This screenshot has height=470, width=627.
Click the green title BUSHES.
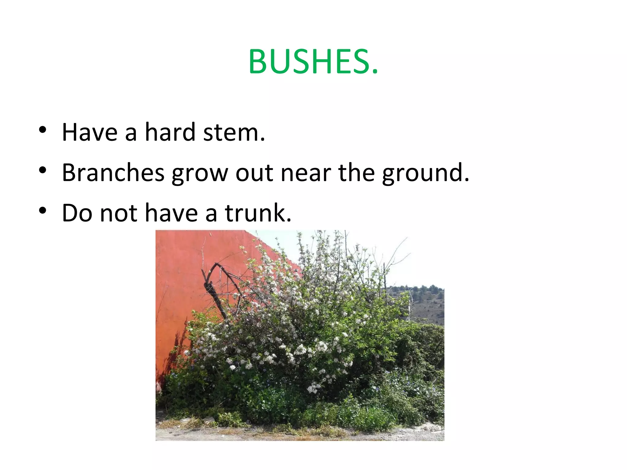[x=313, y=62]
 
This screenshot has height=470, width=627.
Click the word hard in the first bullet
[x=170, y=132]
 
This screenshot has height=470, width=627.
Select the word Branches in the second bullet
[x=113, y=173]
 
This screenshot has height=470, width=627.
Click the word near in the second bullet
[x=306, y=173]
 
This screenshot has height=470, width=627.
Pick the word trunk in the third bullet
[x=258, y=213]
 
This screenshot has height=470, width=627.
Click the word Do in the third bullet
[x=77, y=213]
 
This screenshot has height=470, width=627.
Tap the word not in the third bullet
[x=119, y=213]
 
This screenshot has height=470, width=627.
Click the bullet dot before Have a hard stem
[x=43, y=130]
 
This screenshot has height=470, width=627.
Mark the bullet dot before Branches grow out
[x=43, y=170]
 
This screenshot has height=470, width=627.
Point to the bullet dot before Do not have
[x=43, y=211]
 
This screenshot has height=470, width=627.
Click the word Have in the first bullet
[x=90, y=132]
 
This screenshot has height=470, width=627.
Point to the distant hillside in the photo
[x=427, y=303]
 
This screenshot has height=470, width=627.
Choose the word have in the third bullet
[x=171, y=213]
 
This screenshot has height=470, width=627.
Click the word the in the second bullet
[x=356, y=173]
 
